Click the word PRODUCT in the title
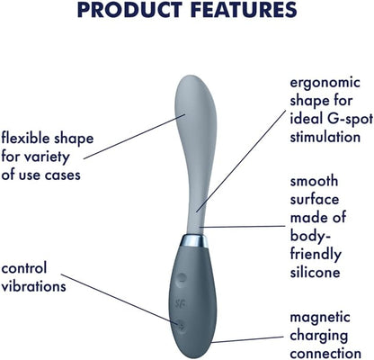pyautogui.click(x=129, y=9)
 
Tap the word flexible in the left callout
pyautogui.click(x=25, y=138)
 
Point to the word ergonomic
pyautogui.click(x=325, y=83)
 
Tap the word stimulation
pyautogui.click(x=325, y=137)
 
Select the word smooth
pyautogui.click(x=314, y=181)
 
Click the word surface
pyautogui.click(x=315, y=200)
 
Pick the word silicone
pyautogui.click(x=315, y=272)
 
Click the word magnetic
pyautogui.click(x=320, y=318)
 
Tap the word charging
pyautogui.click(x=319, y=336)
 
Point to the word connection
pyautogui.click(x=325, y=354)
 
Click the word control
pyautogui.click(x=24, y=268)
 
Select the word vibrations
pyautogui.click(x=33, y=286)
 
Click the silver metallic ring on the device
pyautogui.click(x=195, y=241)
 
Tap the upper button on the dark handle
pyautogui.click(x=181, y=278)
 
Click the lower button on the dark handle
pyautogui.click(x=181, y=325)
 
